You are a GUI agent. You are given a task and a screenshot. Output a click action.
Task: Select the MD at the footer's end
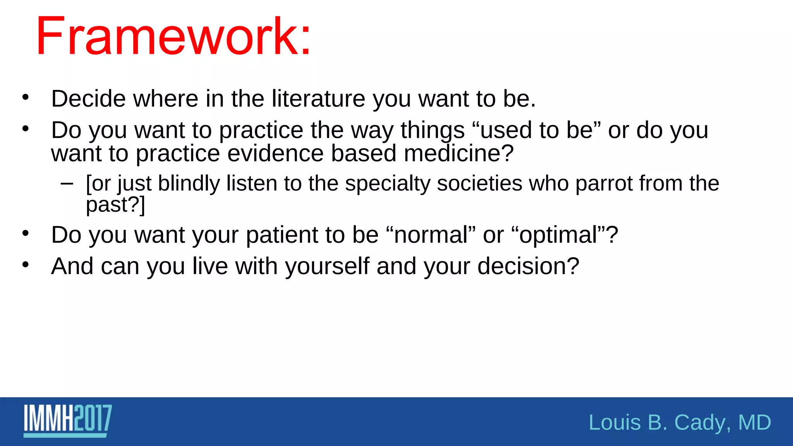[755, 422]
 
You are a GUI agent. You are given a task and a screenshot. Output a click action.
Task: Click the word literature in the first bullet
[318, 99]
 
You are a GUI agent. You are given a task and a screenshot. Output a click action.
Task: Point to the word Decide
[89, 99]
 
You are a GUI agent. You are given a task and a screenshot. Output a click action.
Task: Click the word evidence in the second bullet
[275, 153]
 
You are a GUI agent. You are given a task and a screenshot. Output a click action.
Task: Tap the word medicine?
[459, 153]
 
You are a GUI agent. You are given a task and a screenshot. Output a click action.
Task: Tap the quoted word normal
[431, 235]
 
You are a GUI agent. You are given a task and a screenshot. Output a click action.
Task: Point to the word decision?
[528, 266]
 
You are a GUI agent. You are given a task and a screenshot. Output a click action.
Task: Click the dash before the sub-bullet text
[67, 183]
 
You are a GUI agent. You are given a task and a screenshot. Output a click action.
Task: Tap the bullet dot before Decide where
[26, 98]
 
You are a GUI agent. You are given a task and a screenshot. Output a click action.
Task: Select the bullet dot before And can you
[26, 265]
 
